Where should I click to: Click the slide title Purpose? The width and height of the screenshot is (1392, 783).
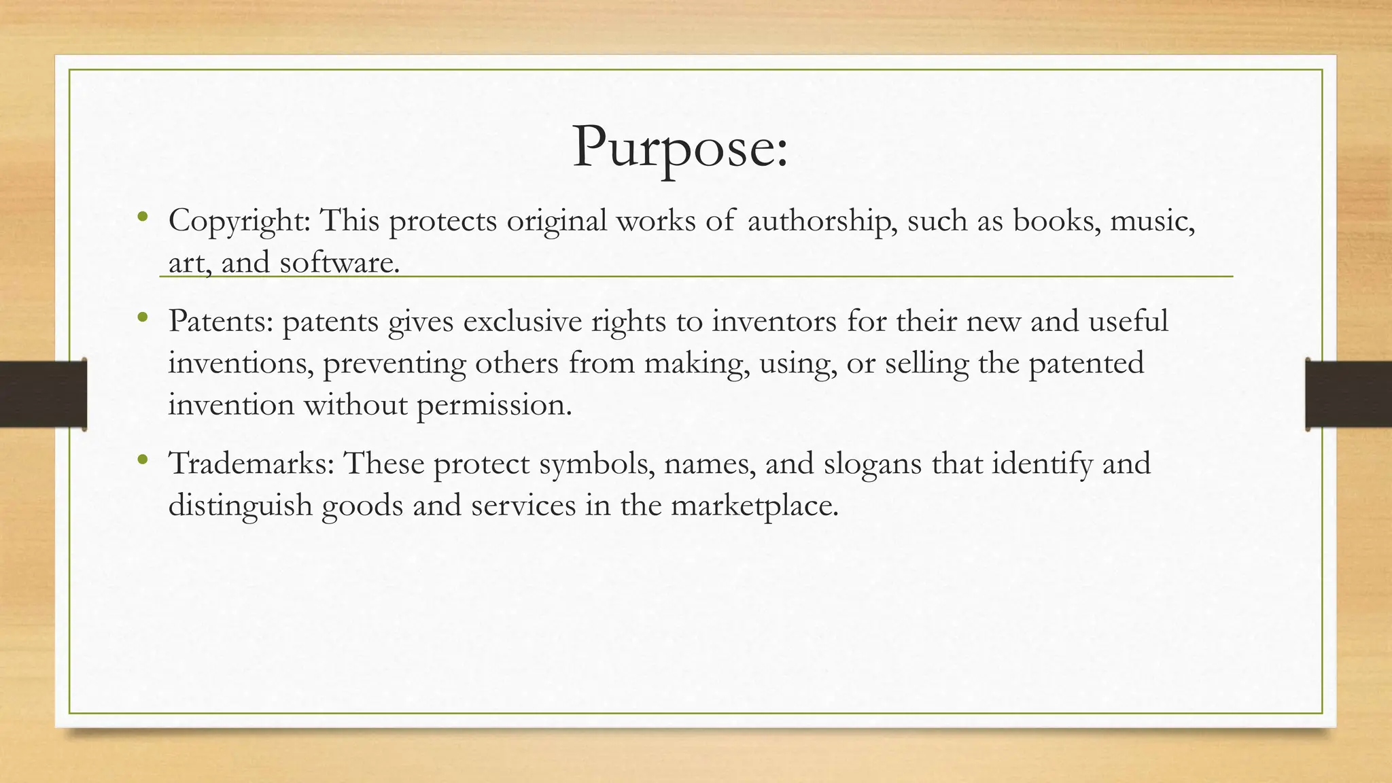pos(680,147)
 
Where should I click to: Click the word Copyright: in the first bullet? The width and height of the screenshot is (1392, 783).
pos(239,221)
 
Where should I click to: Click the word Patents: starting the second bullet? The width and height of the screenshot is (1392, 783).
pos(220,321)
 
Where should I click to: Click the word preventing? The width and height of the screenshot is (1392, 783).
pos(394,363)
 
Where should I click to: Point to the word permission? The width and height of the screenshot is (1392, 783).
pos(494,405)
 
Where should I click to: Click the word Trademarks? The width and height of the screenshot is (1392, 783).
pos(251,464)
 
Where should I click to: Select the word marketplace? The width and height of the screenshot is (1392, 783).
pos(754,506)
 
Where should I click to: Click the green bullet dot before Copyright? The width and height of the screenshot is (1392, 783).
pos(142,217)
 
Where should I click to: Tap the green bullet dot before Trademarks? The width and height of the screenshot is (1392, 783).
pos(142,460)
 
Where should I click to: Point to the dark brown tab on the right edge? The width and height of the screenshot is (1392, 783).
pos(1348,394)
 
